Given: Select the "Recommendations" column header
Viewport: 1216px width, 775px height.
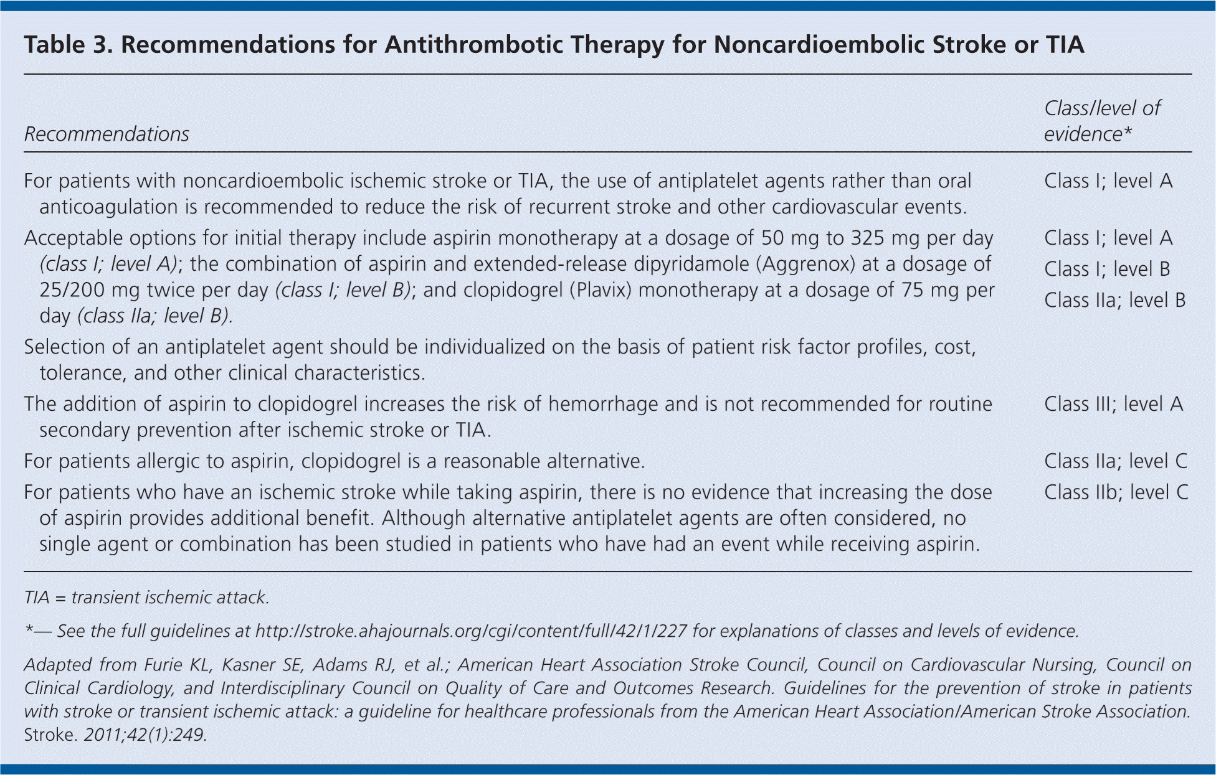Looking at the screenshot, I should pos(107,134).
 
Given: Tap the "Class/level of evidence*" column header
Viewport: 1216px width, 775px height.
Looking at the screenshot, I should pos(1102,121).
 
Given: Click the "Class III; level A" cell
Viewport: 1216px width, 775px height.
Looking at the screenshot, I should pos(1113,404).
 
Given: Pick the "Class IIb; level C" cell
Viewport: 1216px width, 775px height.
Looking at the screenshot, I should pos(1116,492).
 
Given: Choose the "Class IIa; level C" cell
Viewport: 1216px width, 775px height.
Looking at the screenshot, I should pos(1116,461).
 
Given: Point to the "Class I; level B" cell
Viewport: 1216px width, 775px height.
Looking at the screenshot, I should pos(1107,269).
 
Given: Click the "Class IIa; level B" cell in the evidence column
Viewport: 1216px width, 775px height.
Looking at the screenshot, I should pos(1114,300).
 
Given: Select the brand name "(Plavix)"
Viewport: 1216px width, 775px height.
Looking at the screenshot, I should pos(601,290).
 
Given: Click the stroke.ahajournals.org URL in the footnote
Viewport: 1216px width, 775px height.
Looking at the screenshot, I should pos(471,631).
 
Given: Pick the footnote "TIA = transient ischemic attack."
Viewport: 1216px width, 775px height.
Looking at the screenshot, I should pos(146,598).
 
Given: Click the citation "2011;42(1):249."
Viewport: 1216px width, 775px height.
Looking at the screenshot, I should pos(145,735).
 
